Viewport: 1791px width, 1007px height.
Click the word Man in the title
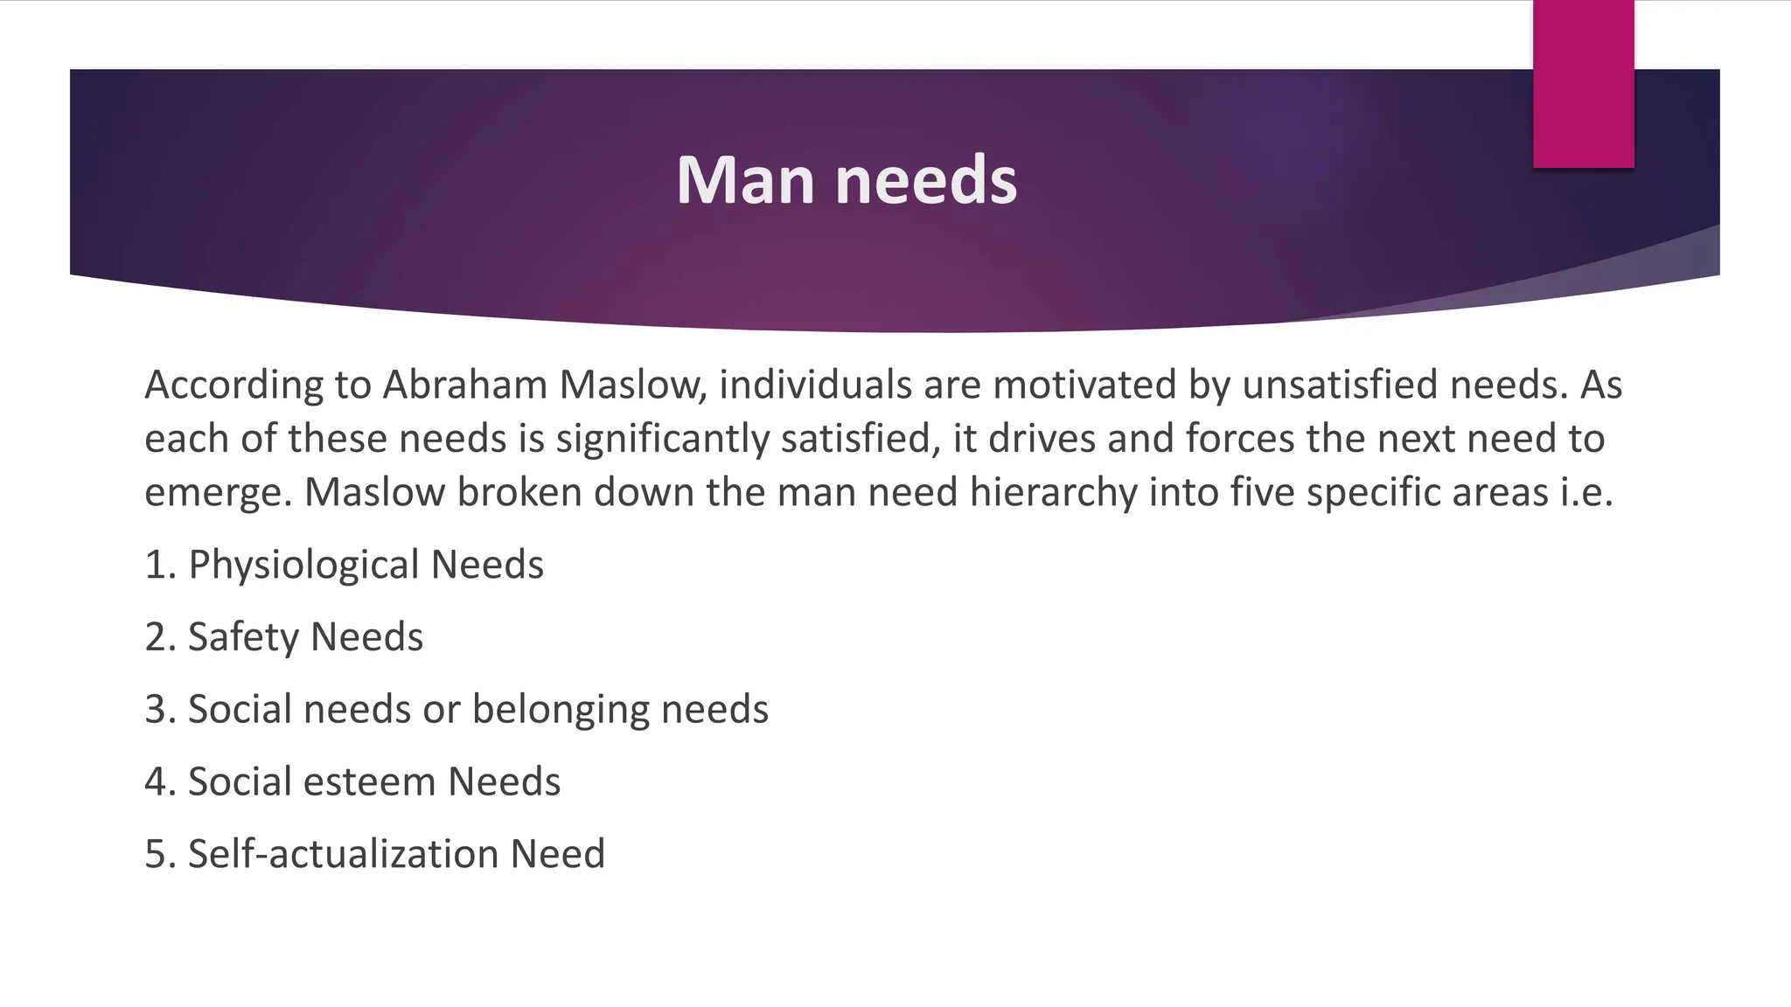748,180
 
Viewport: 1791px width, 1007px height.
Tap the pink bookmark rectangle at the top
1583,84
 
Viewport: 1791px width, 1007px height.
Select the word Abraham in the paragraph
465,385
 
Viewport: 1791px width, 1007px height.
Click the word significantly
662,439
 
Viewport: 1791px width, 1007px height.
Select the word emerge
218,493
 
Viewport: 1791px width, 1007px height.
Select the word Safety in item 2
243,637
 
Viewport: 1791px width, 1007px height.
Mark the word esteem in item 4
369,781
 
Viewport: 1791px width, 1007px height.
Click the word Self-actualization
343,854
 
